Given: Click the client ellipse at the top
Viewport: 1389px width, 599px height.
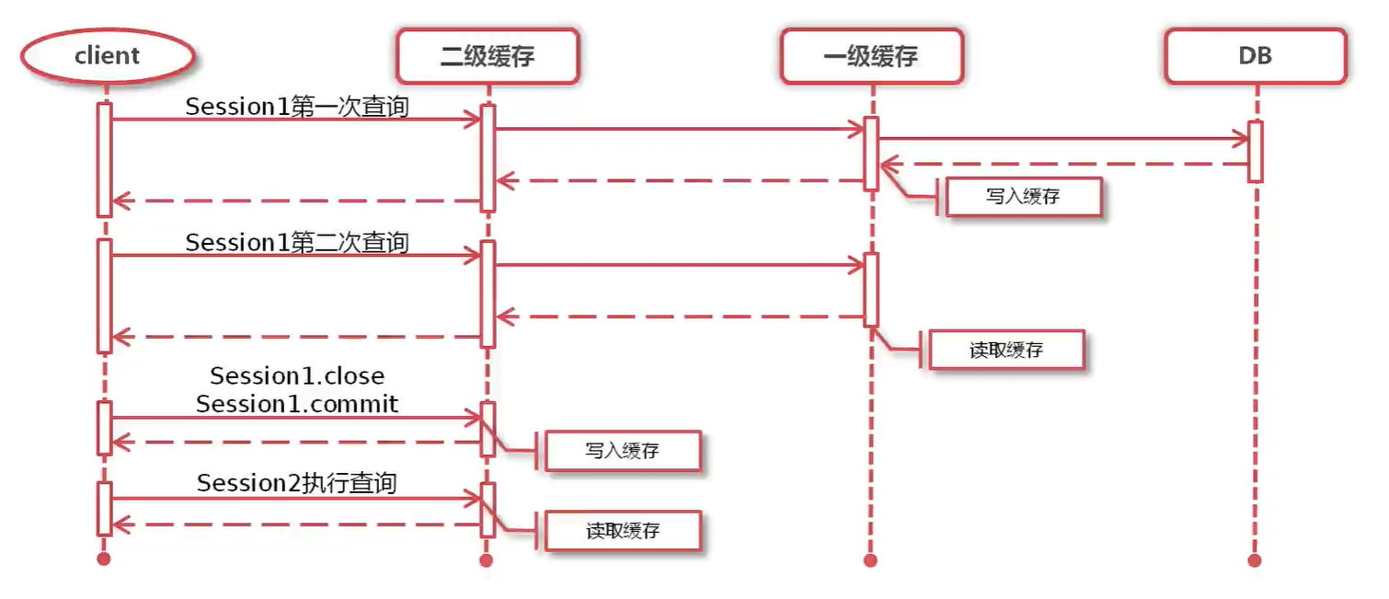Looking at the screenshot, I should [x=107, y=56].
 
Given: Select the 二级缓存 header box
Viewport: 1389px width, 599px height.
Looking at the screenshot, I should [x=488, y=56].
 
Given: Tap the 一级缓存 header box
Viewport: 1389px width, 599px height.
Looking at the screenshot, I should [x=870, y=56].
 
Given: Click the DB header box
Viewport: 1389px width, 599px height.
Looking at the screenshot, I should [x=1255, y=56].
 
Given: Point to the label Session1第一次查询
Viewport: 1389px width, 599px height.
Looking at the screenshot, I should [x=297, y=107].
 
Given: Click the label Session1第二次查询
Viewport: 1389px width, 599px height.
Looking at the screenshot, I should [x=297, y=243].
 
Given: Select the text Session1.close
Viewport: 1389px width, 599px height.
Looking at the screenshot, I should [x=297, y=376].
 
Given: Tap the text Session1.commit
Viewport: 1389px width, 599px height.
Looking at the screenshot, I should [x=297, y=404].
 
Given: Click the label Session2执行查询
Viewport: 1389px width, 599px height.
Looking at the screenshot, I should [x=297, y=483].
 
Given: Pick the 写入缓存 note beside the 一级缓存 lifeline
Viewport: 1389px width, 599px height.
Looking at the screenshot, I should [x=1023, y=197].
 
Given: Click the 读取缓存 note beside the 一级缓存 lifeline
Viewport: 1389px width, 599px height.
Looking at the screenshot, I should [x=1006, y=351].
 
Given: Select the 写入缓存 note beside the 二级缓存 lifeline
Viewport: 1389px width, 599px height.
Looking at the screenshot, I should [x=623, y=451].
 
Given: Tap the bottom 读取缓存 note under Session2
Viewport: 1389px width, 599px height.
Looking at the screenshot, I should [x=623, y=531].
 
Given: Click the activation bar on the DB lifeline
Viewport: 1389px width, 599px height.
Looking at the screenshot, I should [x=1255, y=152].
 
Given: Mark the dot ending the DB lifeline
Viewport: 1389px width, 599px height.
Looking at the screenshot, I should [x=1255, y=559].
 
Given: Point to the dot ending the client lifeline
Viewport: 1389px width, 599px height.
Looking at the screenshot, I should [x=104, y=559].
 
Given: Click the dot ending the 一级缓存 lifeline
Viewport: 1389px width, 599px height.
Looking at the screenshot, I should [x=870, y=559].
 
